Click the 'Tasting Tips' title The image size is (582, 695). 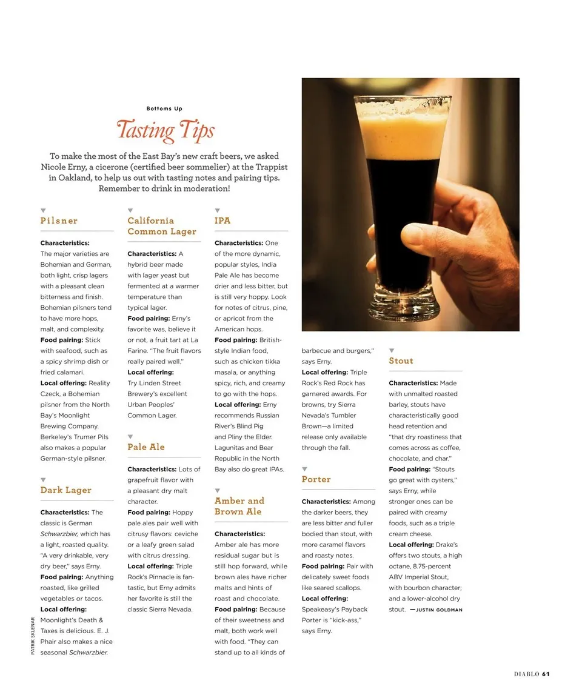pyautogui.click(x=165, y=130)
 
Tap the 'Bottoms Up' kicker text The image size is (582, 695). pyautogui.click(x=164, y=109)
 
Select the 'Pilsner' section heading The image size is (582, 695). pyautogui.click(x=59, y=221)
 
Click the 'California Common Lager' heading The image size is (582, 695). pyautogui.click(x=162, y=226)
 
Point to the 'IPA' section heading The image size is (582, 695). pyautogui.click(x=222, y=221)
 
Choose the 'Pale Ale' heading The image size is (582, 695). pyautogui.click(x=146, y=447)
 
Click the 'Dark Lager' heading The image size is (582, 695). pyautogui.click(x=66, y=490)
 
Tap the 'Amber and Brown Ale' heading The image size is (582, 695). pyautogui.click(x=239, y=506)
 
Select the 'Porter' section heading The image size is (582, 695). pyautogui.click(x=316, y=479)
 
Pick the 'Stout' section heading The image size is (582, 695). pyautogui.click(x=401, y=361)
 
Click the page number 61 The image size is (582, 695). pyautogui.click(x=546, y=674)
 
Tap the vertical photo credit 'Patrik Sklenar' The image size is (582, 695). pyautogui.click(x=33, y=635)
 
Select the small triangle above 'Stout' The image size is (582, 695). pyautogui.click(x=392, y=350)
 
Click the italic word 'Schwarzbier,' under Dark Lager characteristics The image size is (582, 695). pyautogui.click(x=59, y=534)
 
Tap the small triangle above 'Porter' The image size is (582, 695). pyautogui.click(x=304, y=469)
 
